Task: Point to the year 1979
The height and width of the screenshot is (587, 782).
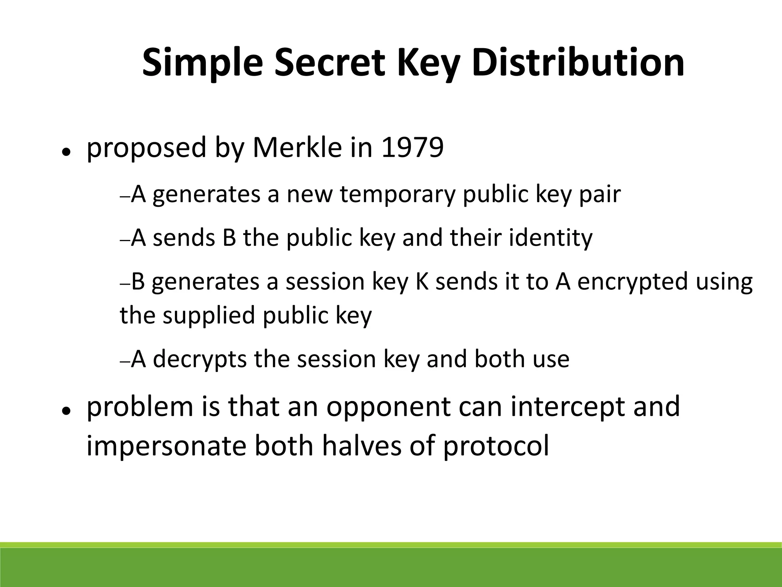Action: pos(412,148)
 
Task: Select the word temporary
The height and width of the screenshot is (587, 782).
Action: pos(397,195)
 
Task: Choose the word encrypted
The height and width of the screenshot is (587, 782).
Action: pos(626,282)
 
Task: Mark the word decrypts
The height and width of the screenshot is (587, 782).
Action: pos(200,360)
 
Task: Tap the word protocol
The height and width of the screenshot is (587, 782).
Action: pos(496,446)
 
